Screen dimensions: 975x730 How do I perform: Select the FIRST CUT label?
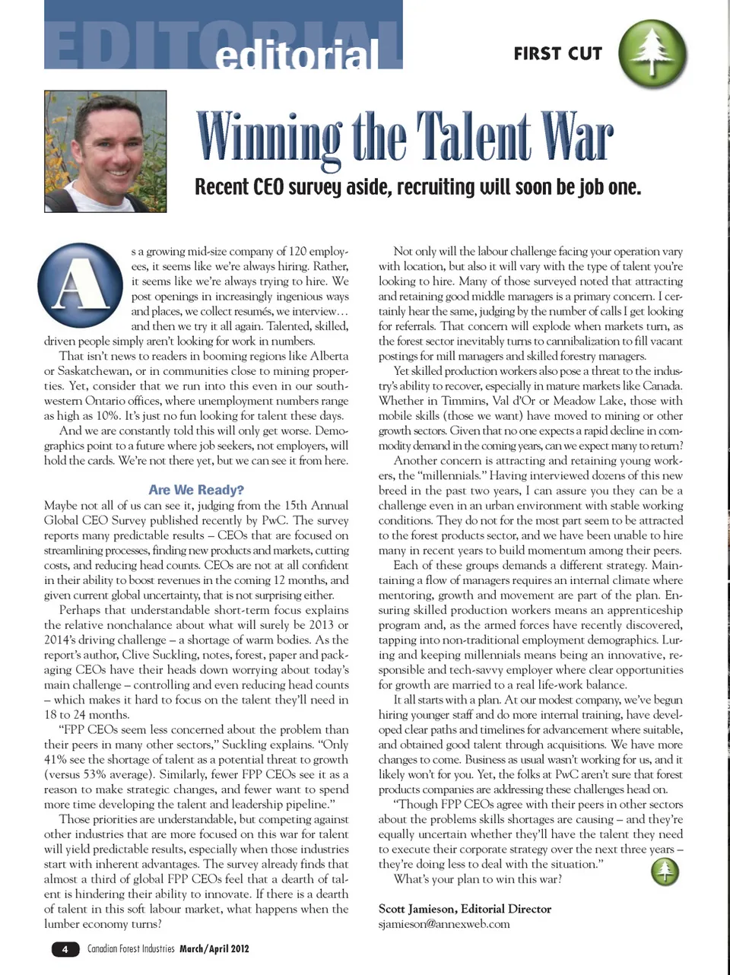click(557, 53)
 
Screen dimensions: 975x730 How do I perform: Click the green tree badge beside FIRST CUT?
click(652, 54)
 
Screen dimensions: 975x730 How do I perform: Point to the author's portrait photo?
click(105, 151)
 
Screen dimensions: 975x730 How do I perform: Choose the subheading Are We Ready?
click(196, 490)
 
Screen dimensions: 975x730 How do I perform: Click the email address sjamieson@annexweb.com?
click(444, 924)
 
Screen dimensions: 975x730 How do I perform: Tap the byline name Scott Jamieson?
click(417, 909)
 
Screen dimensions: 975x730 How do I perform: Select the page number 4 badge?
click(65, 949)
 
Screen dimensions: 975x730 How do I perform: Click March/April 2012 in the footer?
click(214, 949)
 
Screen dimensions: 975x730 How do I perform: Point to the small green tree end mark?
click(665, 872)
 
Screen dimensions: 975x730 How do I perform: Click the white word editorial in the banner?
click(297, 55)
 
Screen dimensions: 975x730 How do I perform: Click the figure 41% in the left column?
click(57, 760)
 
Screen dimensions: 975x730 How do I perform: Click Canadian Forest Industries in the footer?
click(131, 949)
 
